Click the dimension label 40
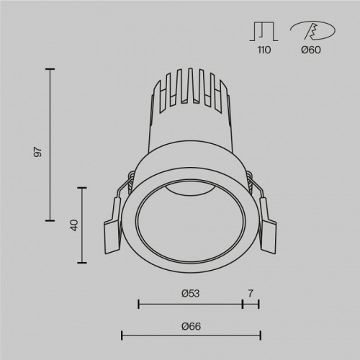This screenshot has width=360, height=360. tap(74, 225)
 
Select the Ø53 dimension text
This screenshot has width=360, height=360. tap(189, 293)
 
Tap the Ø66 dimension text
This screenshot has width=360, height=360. tap(190, 325)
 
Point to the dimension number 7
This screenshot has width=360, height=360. tap(251, 293)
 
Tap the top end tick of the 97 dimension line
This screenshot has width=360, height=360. tap(50, 69)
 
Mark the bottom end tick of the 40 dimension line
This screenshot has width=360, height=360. tap(84, 261)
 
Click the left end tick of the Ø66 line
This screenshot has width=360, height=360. tap(122, 335)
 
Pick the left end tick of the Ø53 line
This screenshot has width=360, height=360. tap(138, 305)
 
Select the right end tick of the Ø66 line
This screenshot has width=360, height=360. tap(259, 335)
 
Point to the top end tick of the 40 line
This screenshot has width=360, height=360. tap(84, 187)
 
